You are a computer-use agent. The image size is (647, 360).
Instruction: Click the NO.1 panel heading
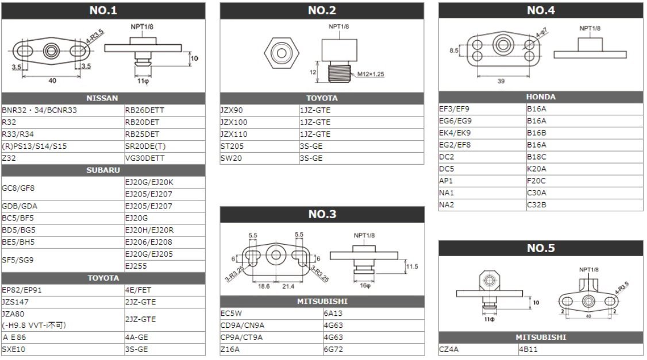pos(103,10)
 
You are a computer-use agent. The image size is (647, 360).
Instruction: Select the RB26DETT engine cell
pos(165,110)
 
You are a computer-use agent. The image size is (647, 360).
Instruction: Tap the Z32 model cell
pos(63,158)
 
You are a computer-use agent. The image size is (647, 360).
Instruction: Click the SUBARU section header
pos(103,170)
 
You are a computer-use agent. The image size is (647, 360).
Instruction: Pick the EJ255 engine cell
pos(165,266)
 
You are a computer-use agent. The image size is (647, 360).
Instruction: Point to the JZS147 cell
pos(63,302)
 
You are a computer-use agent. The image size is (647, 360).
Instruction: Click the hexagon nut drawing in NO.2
pos(282,53)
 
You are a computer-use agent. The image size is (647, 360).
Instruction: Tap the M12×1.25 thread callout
pos(371,74)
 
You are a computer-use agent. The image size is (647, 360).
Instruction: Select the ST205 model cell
pos(260,146)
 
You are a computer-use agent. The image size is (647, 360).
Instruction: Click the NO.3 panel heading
pos(322,214)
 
